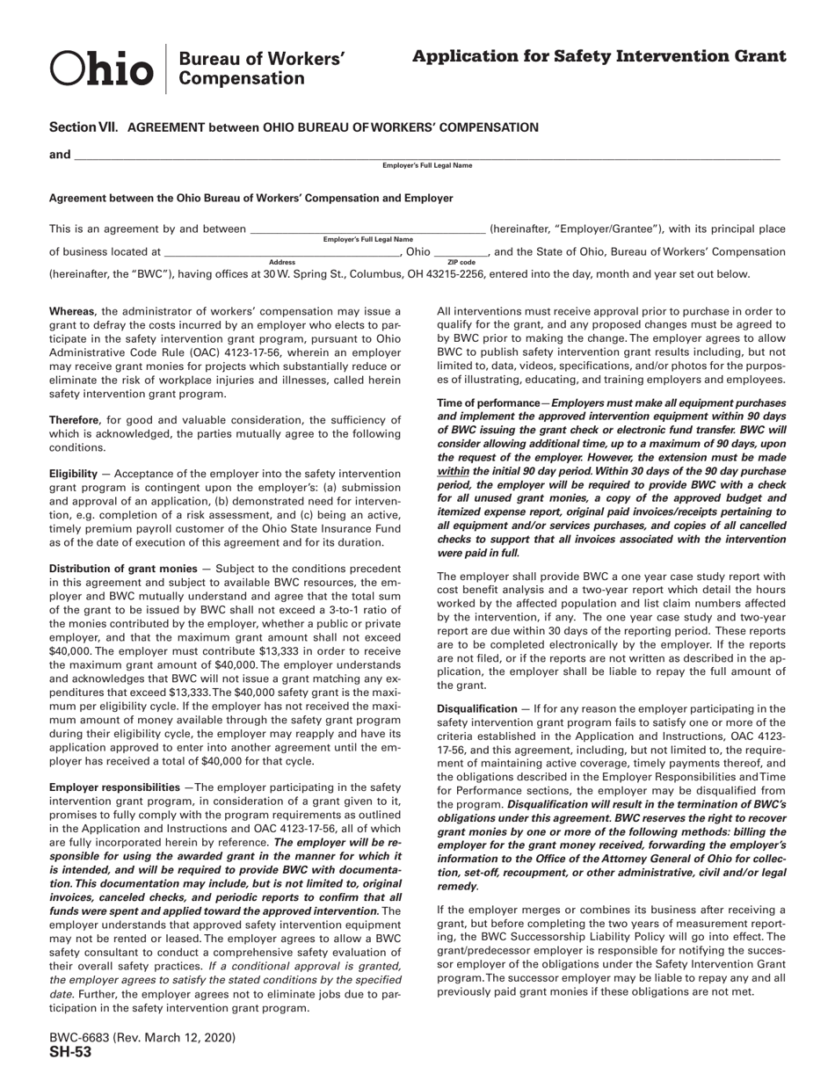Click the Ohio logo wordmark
tap(102, 69)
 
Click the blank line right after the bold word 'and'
tap(426, 156)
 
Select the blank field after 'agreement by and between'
tap(367, 229)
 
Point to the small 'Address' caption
tap(282, 262)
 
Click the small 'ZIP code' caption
tap(461, 262)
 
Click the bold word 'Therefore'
tap(74, 421)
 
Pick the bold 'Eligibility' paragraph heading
tap(73, 473)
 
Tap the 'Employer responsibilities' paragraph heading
tap(114, 787)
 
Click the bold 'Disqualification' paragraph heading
tap(477, 708)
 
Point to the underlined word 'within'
tap(453, 471)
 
